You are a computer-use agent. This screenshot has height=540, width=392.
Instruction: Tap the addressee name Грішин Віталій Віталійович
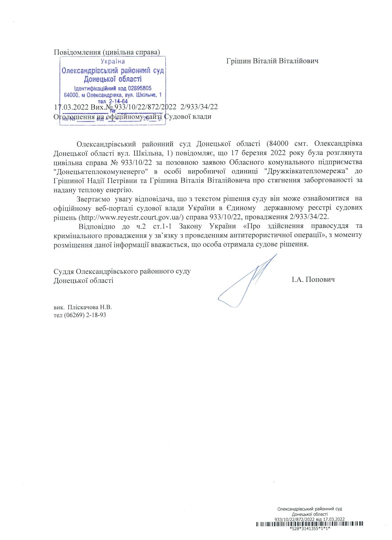coord(272,61)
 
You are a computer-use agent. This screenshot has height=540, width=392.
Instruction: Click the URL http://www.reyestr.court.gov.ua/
coord(131,217)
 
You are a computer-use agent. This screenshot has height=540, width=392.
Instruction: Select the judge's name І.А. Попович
coord(313,280)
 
